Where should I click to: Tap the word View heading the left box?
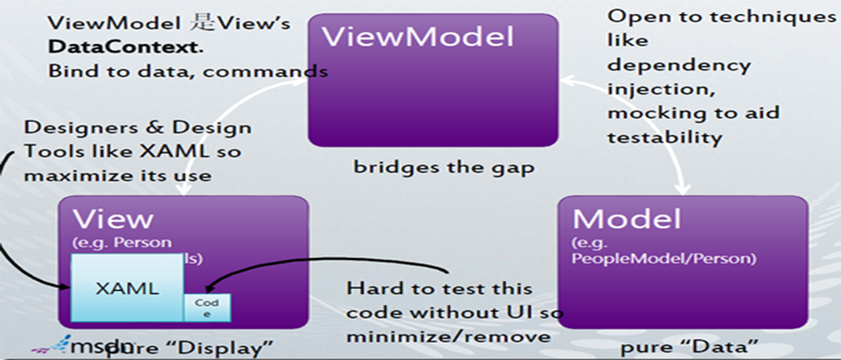[x=114, y=219]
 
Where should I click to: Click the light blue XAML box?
[x=126, y=289]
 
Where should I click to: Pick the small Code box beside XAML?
[x=207, y=307]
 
